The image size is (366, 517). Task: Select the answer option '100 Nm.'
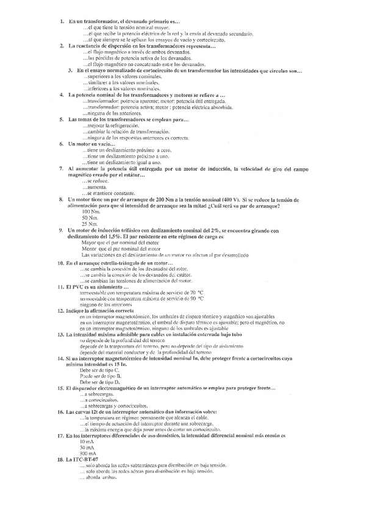[90, 212]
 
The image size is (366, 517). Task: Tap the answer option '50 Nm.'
[88, 218]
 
